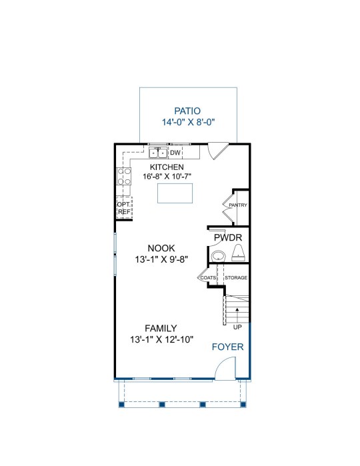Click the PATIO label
coord(187,111)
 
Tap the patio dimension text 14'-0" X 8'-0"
coord(188,122)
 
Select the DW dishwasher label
coord(175,153)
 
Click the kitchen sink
coord(158,153)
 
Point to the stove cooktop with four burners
coord(124,176)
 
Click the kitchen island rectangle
coord(175,193)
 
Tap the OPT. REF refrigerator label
coord(123,208)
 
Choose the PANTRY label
coord(238,205)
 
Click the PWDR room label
coord(228,238)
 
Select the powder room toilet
coord(238,253)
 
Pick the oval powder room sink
coord(219,256)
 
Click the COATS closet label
coord(208,277)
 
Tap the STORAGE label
coord(236,277)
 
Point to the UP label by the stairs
coord(237,327)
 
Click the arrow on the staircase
coord(237,315)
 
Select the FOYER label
coord(228,347)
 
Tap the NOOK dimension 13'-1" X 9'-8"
coord(162,259)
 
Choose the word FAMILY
coord(161,329)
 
